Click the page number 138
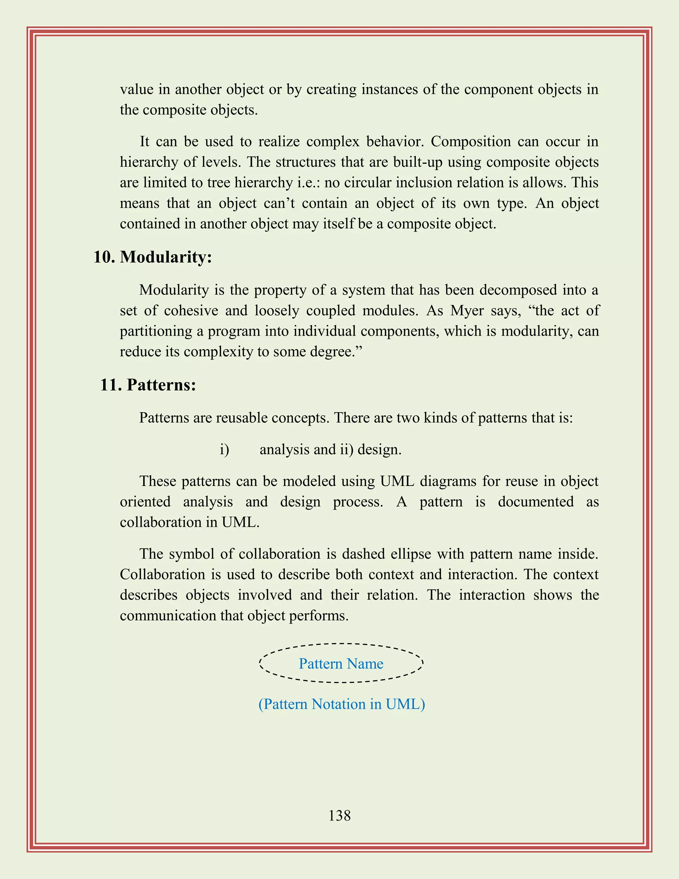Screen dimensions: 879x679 (x=339, y=815)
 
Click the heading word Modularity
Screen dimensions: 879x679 (x=166, y=257)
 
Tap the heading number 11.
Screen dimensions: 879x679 (x=111, y=385)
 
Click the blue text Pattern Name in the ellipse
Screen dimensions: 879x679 (x=341, y=664)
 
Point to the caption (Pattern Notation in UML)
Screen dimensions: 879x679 (x=341, y=704)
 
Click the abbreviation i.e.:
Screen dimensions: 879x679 (x=309, y=183)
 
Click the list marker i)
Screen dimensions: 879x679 (x=224, y=449)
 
